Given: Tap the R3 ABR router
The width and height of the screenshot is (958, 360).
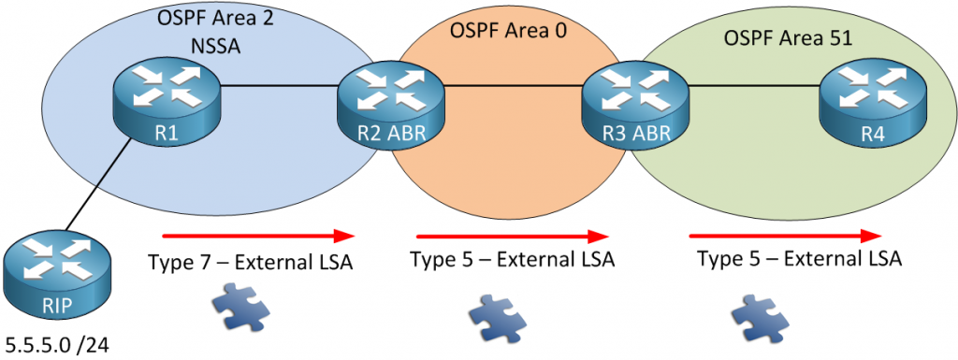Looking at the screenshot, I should [633, 105].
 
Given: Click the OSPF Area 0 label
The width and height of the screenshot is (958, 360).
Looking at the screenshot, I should [510, 30].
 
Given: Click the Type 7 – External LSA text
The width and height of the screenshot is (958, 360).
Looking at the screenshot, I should [251, 263].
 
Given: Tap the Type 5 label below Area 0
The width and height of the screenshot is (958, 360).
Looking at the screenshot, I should [513, 260].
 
